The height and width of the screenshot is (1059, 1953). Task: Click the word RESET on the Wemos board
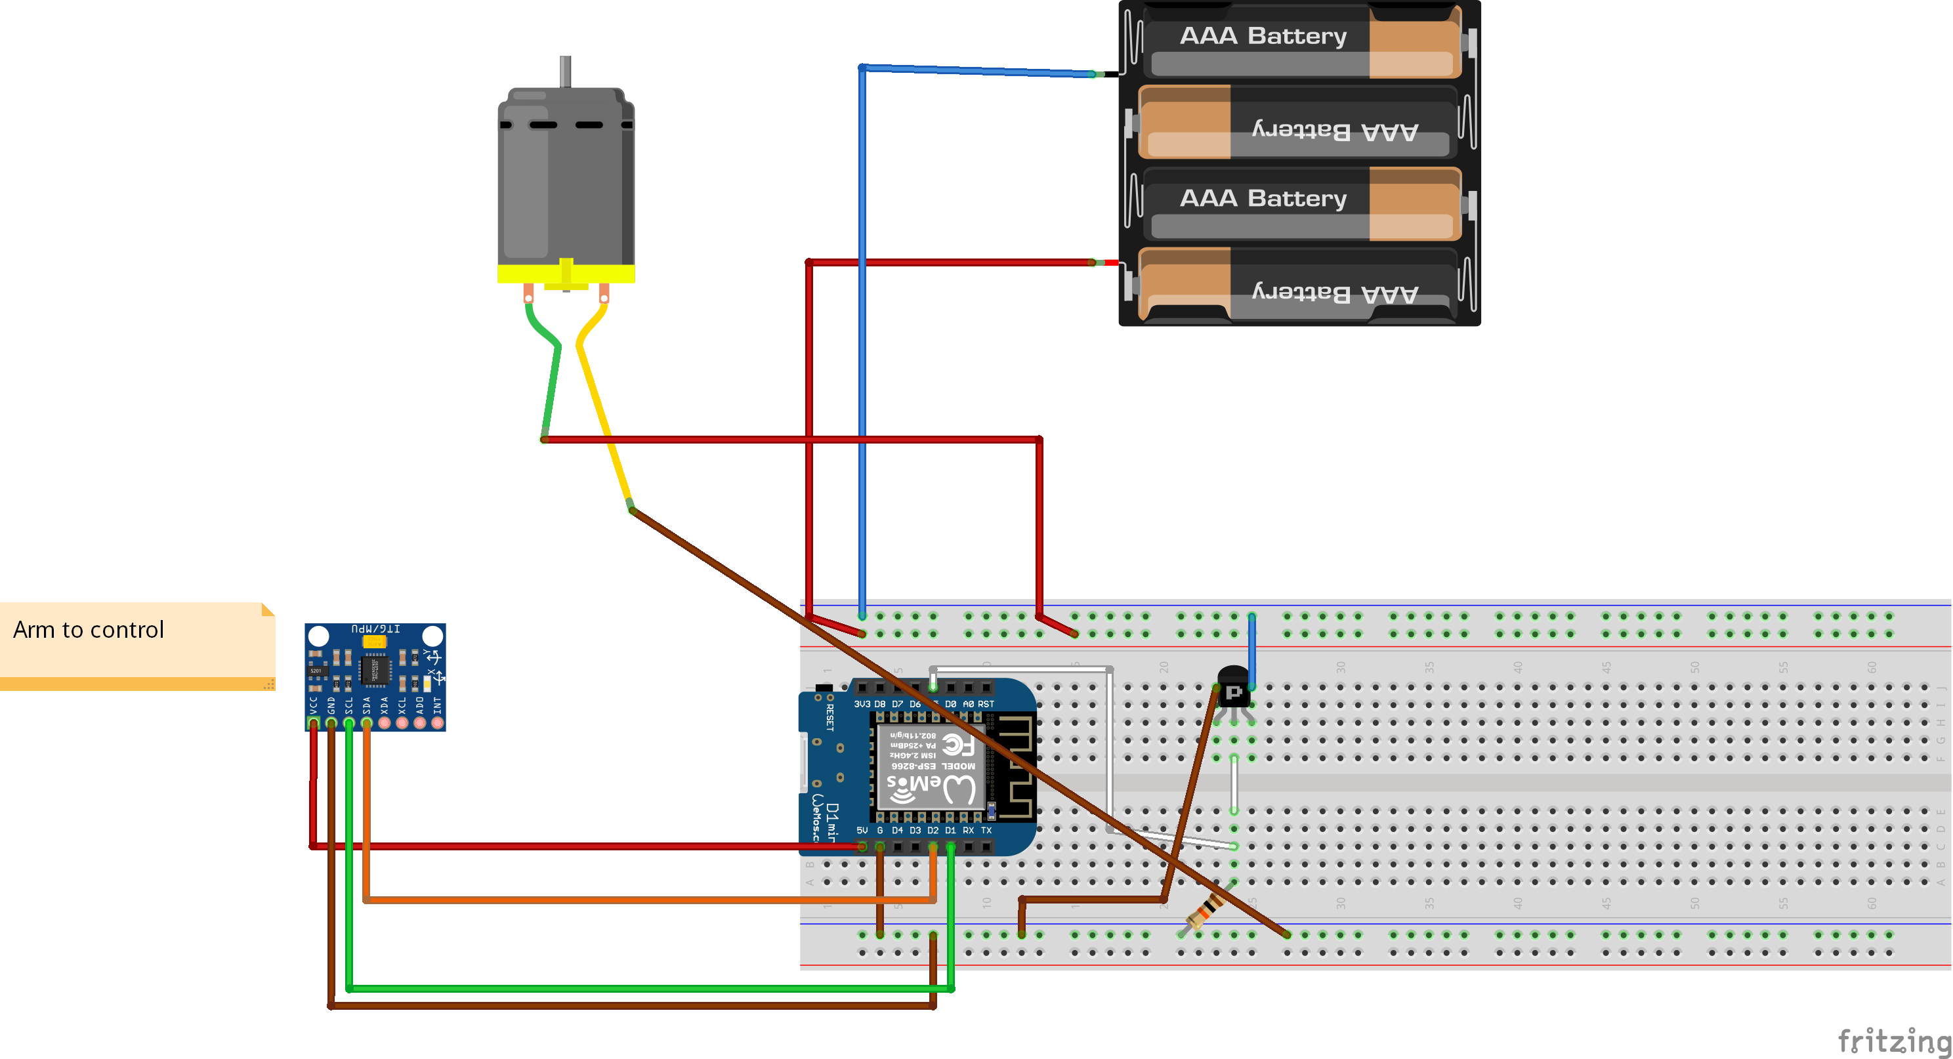pyautogui.click(x=830, y=717)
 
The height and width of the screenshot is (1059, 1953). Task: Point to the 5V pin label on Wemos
pyautogui.click(x=862, y=830)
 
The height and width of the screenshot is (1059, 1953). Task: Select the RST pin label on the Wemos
pyautogui.click(x=986, y=704)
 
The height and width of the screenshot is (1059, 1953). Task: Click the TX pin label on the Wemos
pyautogui.click(x=986, y=830)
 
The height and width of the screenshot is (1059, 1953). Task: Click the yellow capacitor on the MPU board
pyautogui.click(x=375, y=641)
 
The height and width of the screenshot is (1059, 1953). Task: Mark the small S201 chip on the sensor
pyautogui.click(x=316, y=671)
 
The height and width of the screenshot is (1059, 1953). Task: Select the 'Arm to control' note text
pyautogui.click(x=89, y=630)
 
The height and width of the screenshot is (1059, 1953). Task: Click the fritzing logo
pyautogui.click(x=1893, y=1039)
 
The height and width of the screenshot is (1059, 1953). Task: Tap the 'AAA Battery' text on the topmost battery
pyautogui.click(x=1263, y=35)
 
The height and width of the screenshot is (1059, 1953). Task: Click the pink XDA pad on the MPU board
pyautogui.click(x=385, y=723)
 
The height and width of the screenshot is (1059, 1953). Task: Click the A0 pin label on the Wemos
pyautogui.click(x=968, y=704)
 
